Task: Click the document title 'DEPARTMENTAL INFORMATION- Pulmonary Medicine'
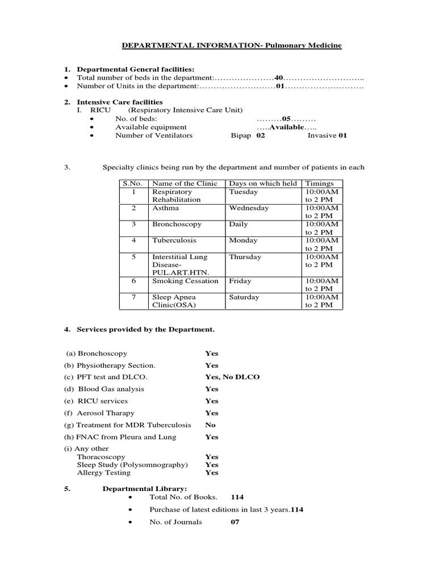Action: (233, 45)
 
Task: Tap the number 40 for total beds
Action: (279, 77)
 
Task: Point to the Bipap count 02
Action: (261, 135)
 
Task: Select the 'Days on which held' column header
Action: (263, 184)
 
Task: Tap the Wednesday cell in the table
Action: (249, 208)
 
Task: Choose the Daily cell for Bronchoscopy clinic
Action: (238, 225)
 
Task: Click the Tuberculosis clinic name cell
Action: (173, 240)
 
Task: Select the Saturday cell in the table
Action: (244, 297)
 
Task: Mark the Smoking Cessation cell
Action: (185, 281)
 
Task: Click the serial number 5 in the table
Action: (134, 257)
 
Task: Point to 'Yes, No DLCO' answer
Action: (232, 377)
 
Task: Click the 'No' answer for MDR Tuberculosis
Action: (211, 425)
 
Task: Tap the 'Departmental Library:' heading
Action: (144, 488)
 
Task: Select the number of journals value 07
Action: (235, 522)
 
